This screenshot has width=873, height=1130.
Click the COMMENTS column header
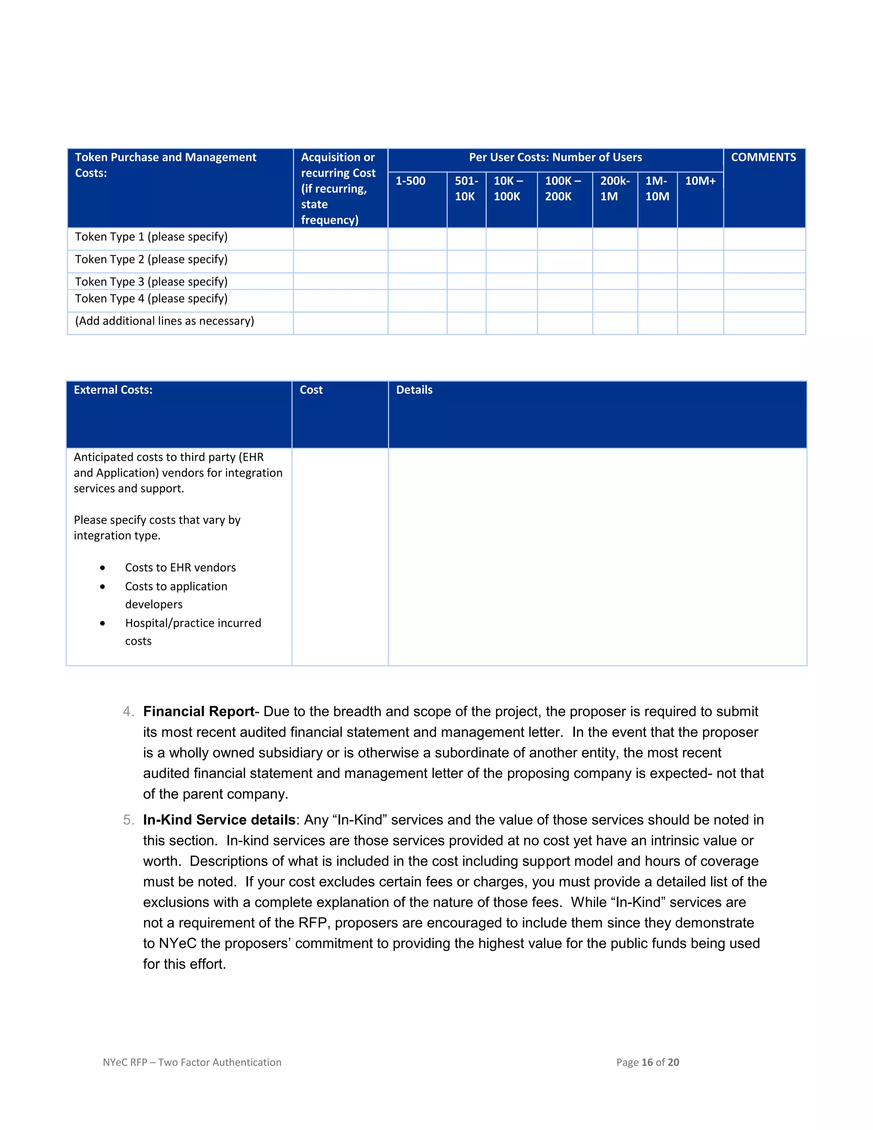click(x=763, y=157)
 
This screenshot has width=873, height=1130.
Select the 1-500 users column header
click(x=410, y=181)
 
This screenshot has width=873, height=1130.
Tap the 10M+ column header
click(x=700, y=181)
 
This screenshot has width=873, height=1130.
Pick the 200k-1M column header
click(x=614, y=188)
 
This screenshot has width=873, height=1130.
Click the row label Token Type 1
click(x=151, y=237)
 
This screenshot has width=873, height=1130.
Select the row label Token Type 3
click(x=151, y=282)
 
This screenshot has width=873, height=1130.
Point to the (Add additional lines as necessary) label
click(x=165, y=322)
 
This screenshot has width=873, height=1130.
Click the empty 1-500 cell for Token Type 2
click(x=417, y=261)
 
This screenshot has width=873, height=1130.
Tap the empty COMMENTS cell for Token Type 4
click(x=764, y=301)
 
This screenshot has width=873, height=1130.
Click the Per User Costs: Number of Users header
click(x=555, y=157)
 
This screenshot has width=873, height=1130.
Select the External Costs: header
click(x=113, y=390)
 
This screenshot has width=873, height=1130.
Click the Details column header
click(x=414, y=390)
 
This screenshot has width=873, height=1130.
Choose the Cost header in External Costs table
click(x=311, y=390)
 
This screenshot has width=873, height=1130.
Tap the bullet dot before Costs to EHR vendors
click(x=102, y=568)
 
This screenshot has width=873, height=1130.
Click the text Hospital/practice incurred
click(x=193, y=623)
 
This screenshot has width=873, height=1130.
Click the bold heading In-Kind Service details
click(x=219, y=820)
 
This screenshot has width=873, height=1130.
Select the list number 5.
click(x=128, y=820)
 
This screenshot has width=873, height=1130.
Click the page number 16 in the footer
click(x=647, y=1062)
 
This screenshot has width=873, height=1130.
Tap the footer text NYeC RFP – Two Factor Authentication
click(x=192, y=1062)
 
